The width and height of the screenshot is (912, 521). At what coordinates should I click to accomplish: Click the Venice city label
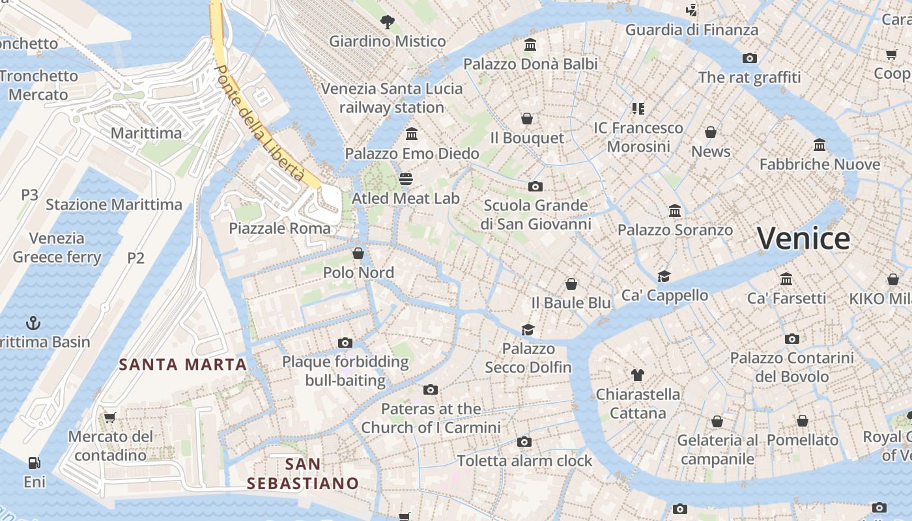[803, 238]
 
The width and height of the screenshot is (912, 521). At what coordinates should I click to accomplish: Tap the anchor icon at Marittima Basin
[33, 322]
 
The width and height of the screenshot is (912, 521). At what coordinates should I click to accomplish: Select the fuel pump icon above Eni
[34, 463]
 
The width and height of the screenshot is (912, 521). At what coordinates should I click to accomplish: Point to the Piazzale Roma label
[279, 229]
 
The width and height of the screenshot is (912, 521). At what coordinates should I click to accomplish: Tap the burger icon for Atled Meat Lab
[406, 179]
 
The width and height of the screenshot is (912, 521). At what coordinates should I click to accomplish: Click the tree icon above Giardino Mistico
[387, 22]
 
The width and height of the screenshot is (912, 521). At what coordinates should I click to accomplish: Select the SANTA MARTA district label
[182, 365]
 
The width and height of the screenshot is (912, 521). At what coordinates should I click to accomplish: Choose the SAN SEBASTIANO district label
[303, 473]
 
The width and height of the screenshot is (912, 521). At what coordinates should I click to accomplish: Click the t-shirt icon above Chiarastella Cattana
[637, 374]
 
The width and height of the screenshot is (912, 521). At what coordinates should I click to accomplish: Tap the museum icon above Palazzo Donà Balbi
[530, 45]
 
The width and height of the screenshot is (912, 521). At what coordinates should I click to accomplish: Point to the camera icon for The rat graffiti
[750, 59]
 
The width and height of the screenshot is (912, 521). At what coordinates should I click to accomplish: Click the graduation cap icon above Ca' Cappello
[664, 276]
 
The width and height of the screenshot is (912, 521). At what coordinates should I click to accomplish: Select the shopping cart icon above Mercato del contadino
[109, 417]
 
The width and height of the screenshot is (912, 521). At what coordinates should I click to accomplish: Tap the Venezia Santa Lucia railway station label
[392, 98]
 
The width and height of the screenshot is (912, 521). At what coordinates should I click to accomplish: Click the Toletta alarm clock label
[524, 461]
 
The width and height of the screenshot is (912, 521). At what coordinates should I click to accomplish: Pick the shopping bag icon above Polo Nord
[358, 253]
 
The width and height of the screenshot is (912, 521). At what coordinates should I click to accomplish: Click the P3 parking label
[29, 195]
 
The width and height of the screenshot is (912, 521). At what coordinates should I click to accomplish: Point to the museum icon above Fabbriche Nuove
[819, 145]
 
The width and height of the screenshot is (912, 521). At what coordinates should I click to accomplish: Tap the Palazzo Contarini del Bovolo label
[791, 367]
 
